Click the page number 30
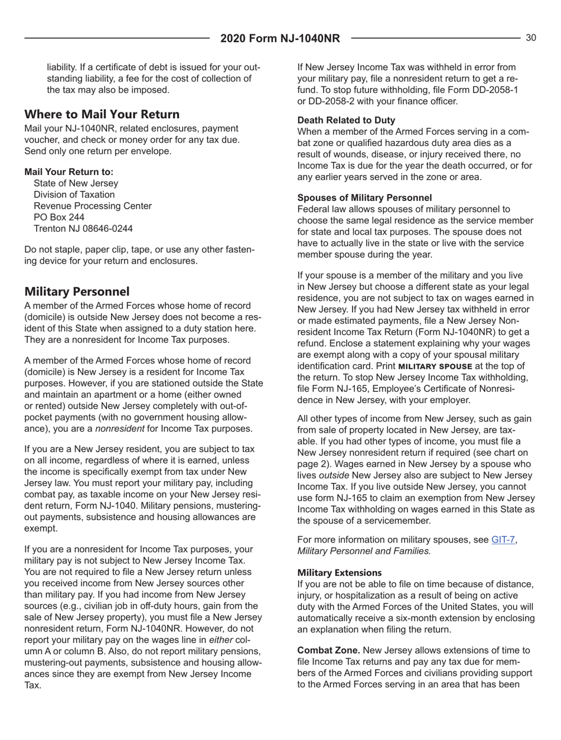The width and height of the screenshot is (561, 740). click(530, 38)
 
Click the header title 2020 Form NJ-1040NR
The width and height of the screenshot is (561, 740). click(280, 39)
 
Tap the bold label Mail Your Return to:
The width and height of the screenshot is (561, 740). click(69, 171)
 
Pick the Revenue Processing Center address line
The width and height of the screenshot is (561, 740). click(93, 205)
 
